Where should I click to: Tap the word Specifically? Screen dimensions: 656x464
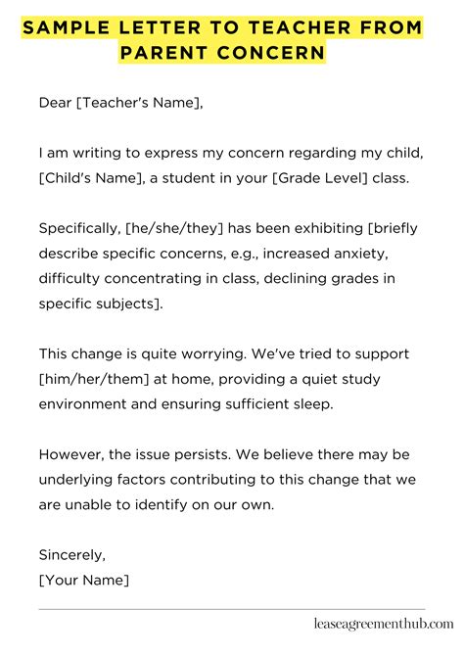(x=78, y=228)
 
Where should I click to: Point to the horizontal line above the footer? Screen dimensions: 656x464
(x=232, y=609)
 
